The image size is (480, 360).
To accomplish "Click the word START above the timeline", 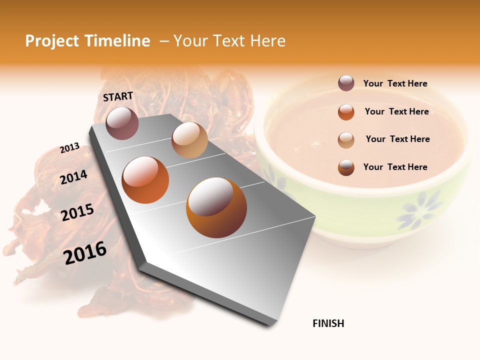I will (118, 96).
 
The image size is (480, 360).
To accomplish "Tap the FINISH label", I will (328, 323).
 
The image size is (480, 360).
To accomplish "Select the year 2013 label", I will (70, 148).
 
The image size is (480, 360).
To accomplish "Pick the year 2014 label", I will (74, 177).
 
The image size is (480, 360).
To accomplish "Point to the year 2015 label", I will (77, 212).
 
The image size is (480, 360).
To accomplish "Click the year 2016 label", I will (85, 252).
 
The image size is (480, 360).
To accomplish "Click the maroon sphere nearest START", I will (122, 123).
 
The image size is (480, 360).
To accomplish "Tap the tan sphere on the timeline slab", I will (189, 140).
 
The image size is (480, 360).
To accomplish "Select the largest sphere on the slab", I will (216, 207).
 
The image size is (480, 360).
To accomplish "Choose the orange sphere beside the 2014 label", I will (145, 180).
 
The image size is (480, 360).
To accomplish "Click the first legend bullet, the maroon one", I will (346, 83).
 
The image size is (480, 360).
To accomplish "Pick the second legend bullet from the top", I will (346, 112).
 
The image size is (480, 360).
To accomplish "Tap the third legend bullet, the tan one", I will (346, 139).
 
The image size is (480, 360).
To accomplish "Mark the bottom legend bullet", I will (346, 167).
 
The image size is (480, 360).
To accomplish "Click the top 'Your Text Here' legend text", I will (395, 83).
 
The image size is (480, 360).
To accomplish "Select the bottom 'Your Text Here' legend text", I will (395, 167).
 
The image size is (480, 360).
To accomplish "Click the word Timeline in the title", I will (116, 41).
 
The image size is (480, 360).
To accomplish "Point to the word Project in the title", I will (52, 41).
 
